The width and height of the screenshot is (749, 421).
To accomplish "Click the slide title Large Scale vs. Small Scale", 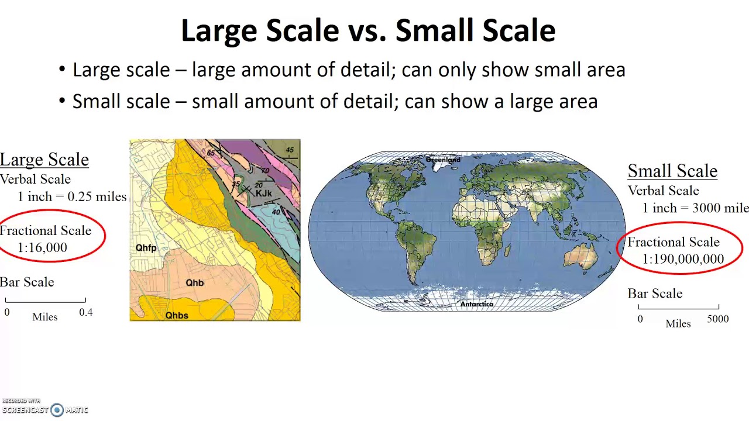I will tap(368, 30).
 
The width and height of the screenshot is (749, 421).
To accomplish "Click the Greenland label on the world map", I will tap(443, 160).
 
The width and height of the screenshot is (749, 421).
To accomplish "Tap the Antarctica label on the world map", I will tap(476, 304).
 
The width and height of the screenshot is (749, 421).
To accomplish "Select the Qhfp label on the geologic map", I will tap(146, 248).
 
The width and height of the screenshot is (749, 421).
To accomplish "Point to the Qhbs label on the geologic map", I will tap(177, 316).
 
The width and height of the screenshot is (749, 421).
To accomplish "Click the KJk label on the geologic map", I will tap(263, 194).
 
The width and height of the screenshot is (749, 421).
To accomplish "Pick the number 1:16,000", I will tap(43, 247).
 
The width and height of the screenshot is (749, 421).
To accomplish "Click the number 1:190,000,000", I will tap(683, 259).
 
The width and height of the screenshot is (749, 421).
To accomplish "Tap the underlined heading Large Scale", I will tap(44, 160).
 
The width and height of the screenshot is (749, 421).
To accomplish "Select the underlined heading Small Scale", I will tap(672, 171).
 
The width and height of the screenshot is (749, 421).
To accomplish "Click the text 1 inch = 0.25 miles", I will tap(71, 197).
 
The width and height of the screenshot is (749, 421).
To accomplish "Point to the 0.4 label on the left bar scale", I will tap(85, 312).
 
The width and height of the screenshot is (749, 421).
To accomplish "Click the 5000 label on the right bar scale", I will tap(717, 319).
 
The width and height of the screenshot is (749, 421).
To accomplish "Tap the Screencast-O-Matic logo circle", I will tap(57, 410).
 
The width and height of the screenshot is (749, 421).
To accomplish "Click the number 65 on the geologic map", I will tap(210, 153).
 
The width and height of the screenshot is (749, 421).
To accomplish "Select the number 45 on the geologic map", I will tap(290, 150).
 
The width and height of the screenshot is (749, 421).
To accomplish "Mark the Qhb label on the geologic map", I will tap(194, 283).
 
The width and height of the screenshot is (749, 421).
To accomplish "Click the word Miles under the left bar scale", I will tap(45, 317).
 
